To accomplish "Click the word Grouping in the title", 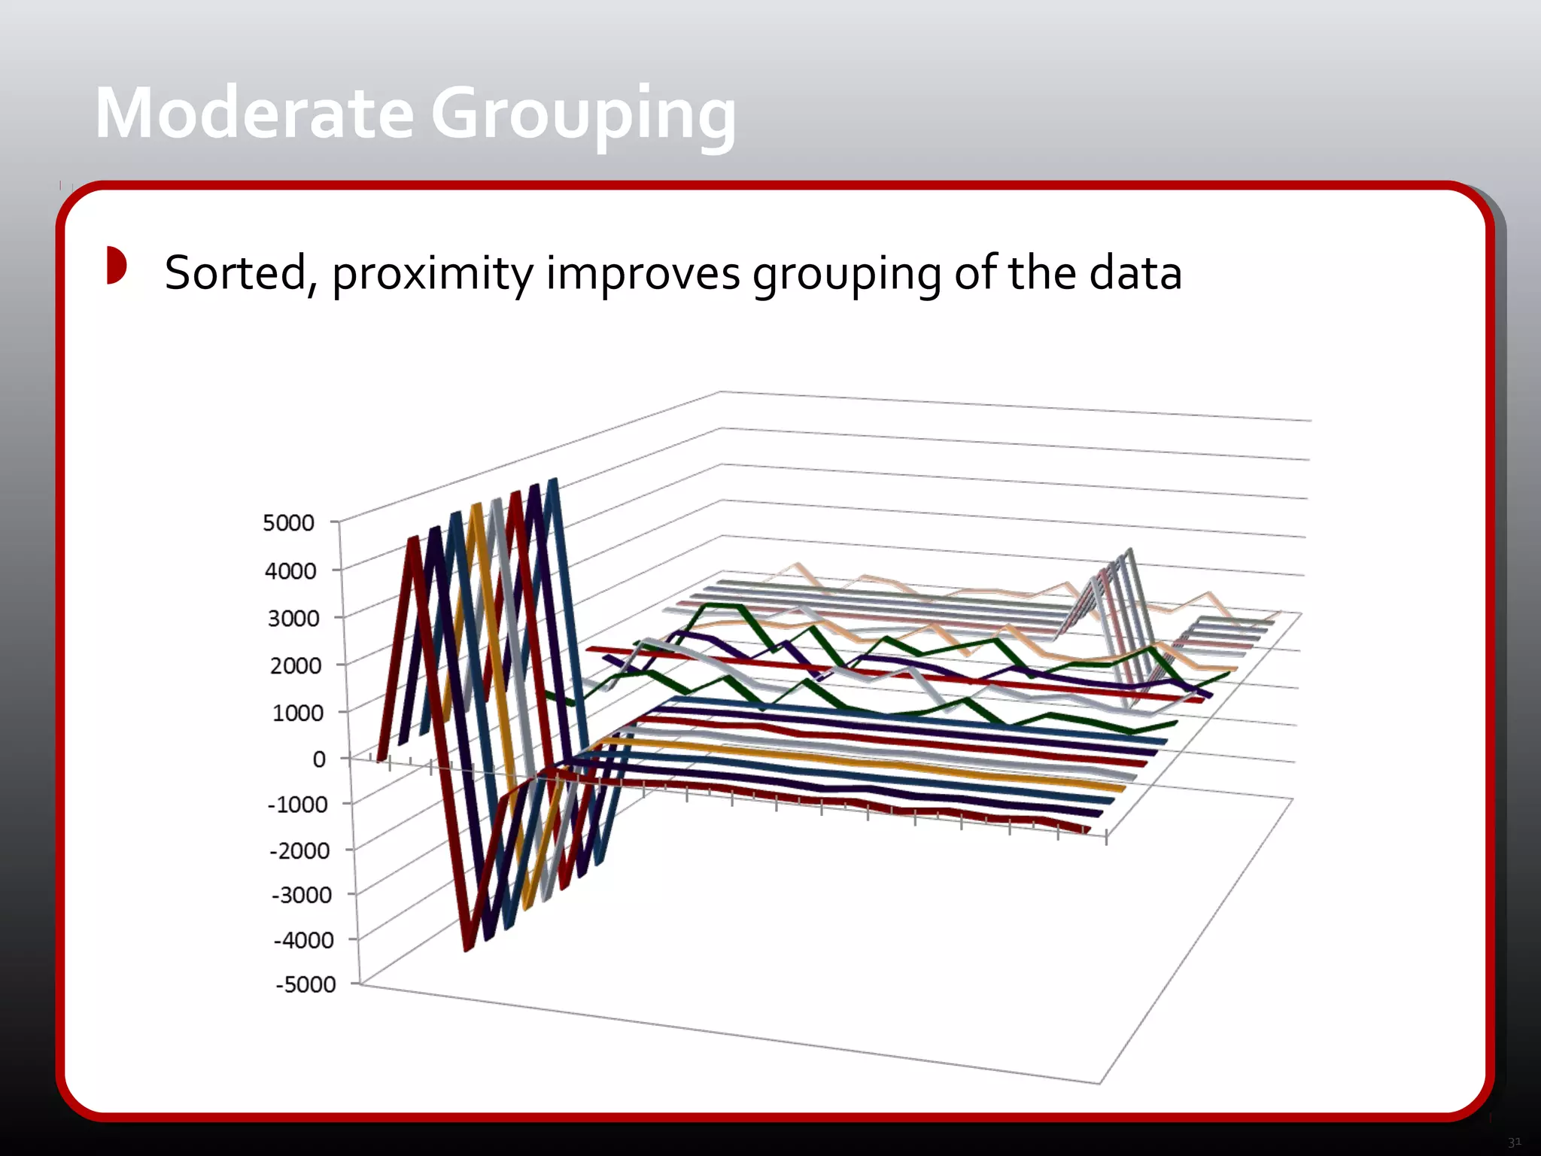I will pos(583,117).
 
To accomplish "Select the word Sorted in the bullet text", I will pos(236,273).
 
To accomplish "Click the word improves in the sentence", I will pos(643,273).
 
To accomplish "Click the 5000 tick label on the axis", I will pos(288,522).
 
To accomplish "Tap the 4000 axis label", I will pos(290,570).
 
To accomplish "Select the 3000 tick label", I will pos(293,618).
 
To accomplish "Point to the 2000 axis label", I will pos(295,665).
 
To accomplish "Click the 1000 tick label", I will pos(297,712).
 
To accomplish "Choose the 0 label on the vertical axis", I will pos(319,759).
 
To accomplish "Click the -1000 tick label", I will pos(297,805).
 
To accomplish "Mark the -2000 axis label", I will pos(299,850).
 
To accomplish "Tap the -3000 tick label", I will pos(301,895).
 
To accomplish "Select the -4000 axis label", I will pos(303,940).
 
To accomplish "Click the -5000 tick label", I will pos(305,984).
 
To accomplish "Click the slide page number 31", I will pos(1514,1142).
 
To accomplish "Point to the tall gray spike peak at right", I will pos(1128,552).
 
